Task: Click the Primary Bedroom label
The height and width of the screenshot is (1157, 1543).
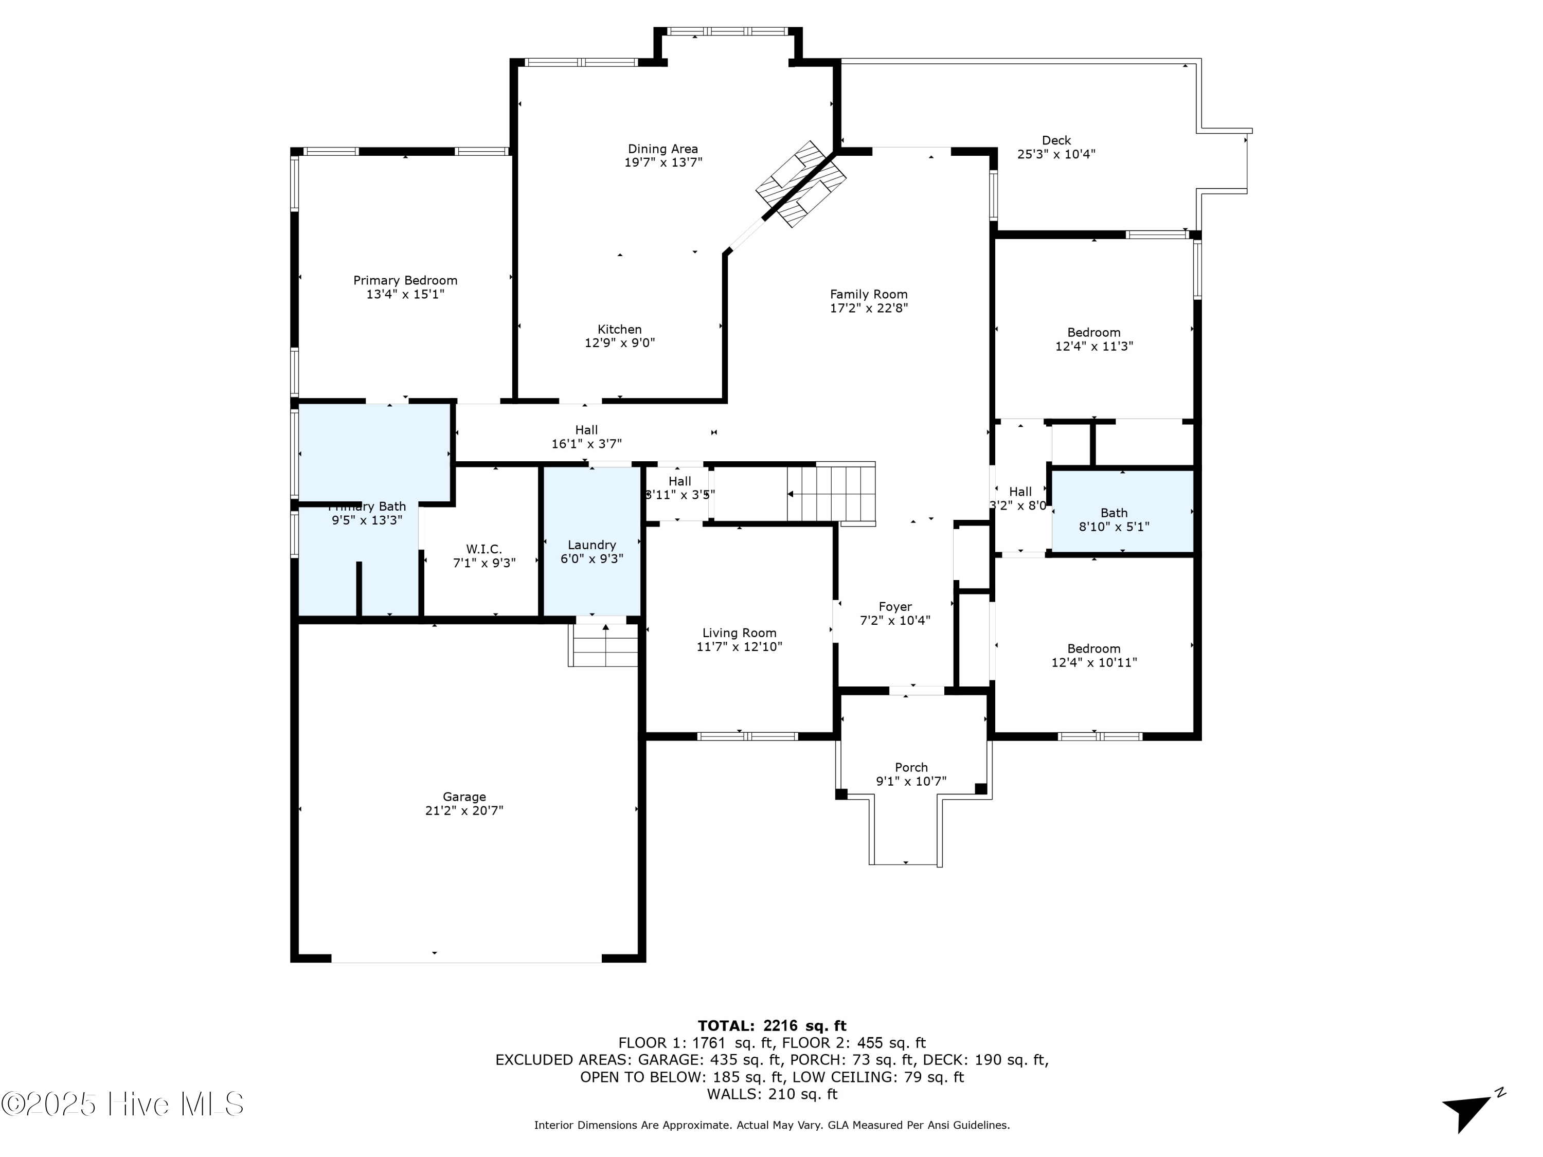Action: tap(405, 280)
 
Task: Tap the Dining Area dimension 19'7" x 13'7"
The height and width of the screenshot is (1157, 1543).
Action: tap(662, 162)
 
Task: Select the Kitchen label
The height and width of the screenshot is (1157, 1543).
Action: tap(619, 329)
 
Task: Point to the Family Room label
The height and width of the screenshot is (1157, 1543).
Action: tap(869, 294)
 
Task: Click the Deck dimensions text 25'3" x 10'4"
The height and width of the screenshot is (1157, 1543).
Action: tap(1056, 154)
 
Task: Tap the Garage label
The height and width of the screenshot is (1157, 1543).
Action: tap(464, 797)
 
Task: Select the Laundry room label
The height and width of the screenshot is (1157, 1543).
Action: tap(591, 545)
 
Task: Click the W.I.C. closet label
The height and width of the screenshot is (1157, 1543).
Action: tap(484, 549)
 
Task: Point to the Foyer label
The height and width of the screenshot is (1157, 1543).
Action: tap(895, 607)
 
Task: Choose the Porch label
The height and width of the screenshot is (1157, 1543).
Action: tap(911, 767)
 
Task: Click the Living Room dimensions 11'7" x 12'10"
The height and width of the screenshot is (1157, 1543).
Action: tap(740, 646)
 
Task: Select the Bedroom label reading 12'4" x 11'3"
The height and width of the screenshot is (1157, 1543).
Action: tap(1094, 333)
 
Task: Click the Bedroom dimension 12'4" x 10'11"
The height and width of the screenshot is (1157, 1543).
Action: tap(1094, 662)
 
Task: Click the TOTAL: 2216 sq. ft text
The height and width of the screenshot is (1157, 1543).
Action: tap(771, 1026)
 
